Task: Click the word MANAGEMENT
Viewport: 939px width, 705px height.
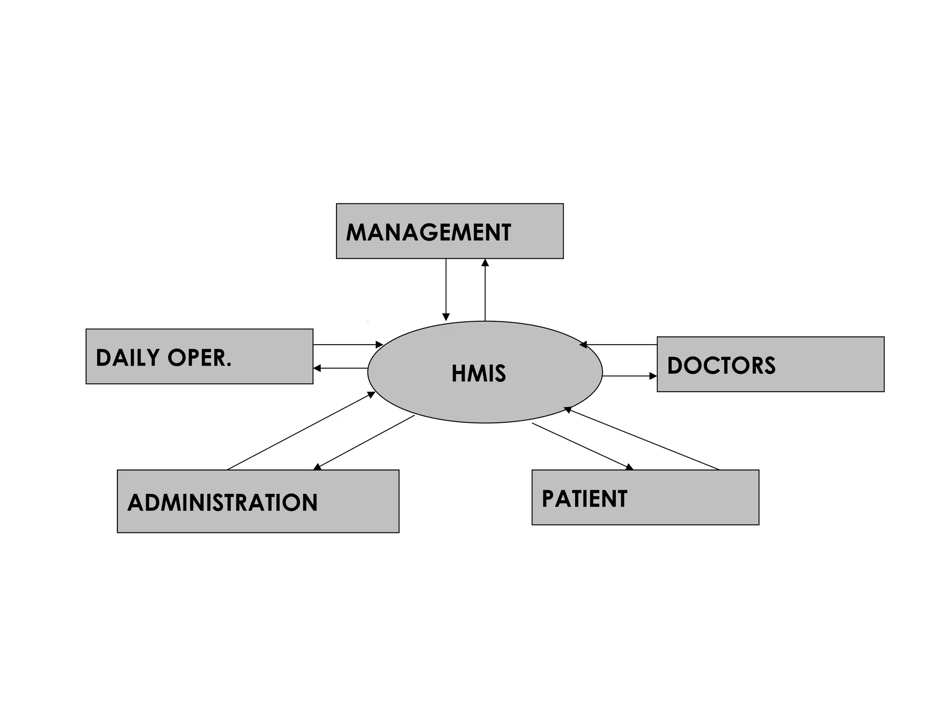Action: click(x=428, y=232)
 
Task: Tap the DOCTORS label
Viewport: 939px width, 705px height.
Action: click(x=721, y=366)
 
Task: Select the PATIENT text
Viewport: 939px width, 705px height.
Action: click(x=584, y=499)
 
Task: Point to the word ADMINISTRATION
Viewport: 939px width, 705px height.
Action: click(x=222, y=502)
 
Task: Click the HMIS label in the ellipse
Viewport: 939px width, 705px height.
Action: click(x=478, y=374)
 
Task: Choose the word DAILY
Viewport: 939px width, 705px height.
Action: click(x=127, y=358)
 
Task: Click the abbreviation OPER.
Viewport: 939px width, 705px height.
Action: click(x=199, y=358)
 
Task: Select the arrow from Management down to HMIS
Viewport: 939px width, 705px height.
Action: click(x=446, y=289)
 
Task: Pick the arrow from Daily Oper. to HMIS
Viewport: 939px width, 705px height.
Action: click(x=348, y=344)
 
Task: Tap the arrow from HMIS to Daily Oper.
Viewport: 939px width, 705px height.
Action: click(x=340, y=368)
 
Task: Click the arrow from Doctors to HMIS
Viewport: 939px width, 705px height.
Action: click(x=619, y=344)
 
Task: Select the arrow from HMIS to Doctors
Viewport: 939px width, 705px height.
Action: click(x=629, y=376)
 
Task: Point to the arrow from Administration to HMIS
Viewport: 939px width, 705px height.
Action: click(x=301, y=431)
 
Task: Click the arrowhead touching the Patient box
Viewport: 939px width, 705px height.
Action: click(x=630, y=467)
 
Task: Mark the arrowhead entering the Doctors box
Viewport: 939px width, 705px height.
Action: click(x=653, y=376)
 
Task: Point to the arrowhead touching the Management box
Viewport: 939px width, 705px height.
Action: click(x=485, y=263)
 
